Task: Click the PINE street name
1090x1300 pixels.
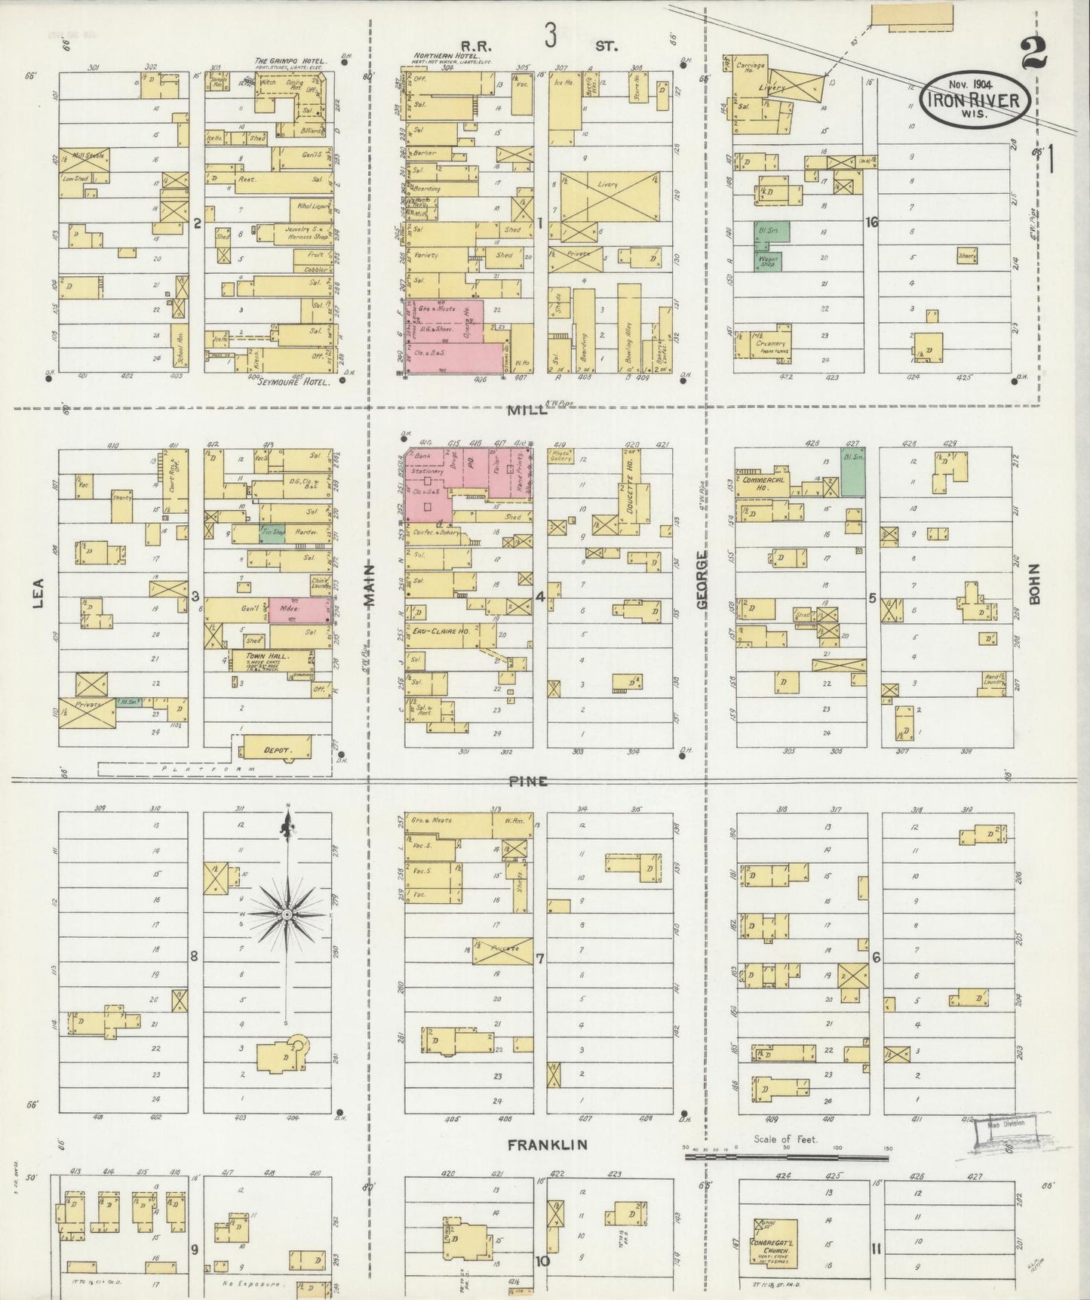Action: point(527,782)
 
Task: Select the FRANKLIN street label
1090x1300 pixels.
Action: point(547,1145)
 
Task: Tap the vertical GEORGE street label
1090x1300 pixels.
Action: point(702,579)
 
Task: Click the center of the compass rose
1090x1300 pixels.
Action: point(287,914)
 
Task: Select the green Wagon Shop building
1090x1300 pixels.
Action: point(768,261)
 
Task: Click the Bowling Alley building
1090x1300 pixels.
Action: point(628,328)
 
